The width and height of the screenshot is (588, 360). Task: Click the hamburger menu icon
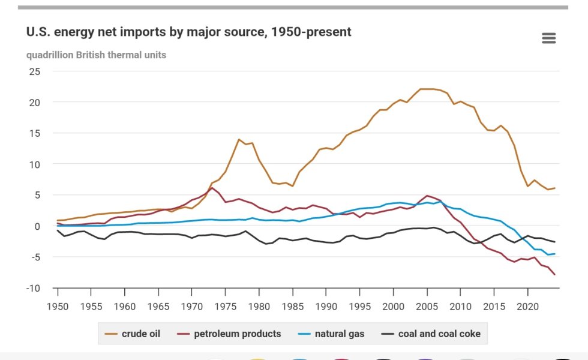548,38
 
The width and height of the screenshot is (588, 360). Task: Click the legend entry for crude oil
135,334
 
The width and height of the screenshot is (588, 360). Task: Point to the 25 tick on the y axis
35,71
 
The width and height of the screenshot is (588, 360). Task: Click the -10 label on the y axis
32,289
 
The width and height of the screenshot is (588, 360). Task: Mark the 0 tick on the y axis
37,226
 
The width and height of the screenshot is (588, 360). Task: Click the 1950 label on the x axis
58,305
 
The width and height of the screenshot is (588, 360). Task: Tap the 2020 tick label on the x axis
527,305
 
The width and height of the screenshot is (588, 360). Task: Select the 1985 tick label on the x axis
292,305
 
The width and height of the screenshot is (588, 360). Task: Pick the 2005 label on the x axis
427,305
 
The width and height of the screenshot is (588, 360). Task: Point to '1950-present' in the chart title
311,32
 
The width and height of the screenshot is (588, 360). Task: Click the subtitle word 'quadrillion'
49,55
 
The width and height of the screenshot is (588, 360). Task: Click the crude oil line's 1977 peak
239,139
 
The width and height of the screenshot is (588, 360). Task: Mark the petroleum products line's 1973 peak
212,188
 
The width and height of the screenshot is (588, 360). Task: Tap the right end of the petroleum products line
554,274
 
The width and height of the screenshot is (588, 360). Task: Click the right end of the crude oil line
554,188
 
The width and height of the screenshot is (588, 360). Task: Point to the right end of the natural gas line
554,254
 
